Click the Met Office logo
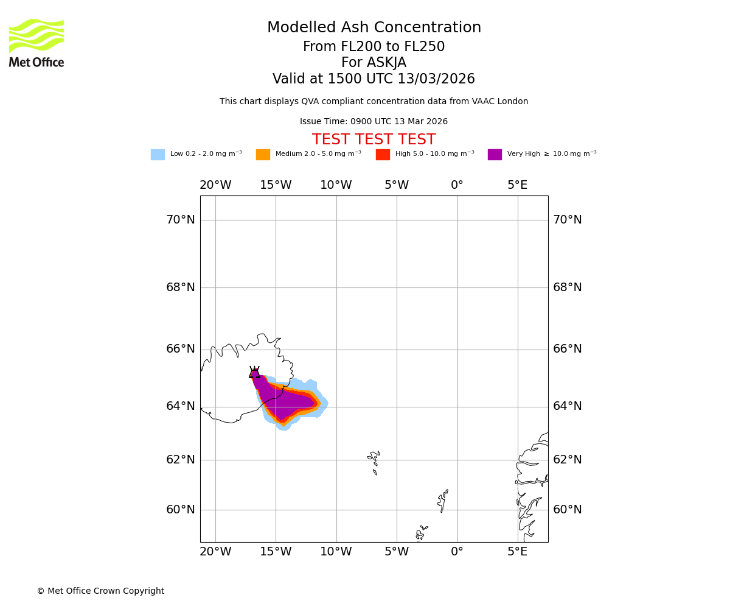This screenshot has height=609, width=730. coord(36,43)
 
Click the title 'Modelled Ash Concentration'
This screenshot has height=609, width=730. coord(374,28)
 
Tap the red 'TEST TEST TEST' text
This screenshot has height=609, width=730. coord(374,140)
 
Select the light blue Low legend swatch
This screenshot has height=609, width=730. coord(158,155)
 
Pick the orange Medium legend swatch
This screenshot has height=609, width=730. coord(263,155)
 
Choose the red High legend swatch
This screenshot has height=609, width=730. coord(383,155)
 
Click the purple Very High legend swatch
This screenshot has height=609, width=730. coord(495,155)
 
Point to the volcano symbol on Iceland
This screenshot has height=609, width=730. coord(254,373)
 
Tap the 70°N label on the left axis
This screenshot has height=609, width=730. coord(181,220)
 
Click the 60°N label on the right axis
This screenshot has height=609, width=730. coord(567,510)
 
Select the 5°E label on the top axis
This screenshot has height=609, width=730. coord(517,185)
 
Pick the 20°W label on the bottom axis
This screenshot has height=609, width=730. coord(215,552)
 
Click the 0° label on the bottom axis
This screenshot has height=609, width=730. coord(457,552)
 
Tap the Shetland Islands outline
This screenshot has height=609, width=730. coord(443,501)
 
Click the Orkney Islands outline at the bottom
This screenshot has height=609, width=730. coord(421,533)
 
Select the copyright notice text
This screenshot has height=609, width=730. coord(100,591)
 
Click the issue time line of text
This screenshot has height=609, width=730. coord(374,122)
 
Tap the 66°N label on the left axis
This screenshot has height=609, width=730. coord(181,349)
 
